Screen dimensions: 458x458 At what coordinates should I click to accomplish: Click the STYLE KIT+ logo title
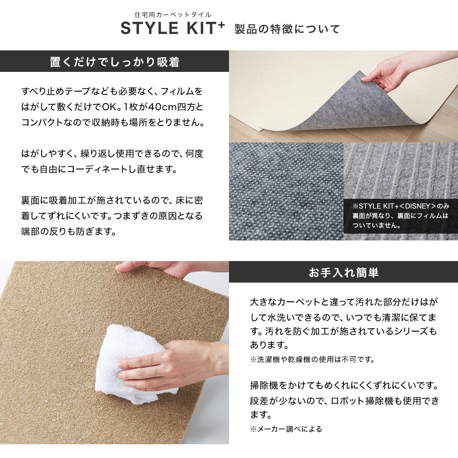[x=173, y=28]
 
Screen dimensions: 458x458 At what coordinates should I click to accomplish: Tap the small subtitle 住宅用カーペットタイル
[x=173, y=14]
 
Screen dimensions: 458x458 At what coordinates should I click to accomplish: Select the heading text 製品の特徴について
[x=287, y=29]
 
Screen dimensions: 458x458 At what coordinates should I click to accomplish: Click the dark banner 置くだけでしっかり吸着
[x=114, y=61]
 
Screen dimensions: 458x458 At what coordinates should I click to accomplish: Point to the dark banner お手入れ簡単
[x=343, y=272]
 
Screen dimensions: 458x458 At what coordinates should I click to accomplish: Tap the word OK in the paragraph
[x=109, y=107]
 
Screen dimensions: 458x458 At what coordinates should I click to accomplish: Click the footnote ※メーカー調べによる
[x=286, y=429]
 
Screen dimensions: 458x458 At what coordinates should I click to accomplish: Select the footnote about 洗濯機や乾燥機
[x=312, y=359]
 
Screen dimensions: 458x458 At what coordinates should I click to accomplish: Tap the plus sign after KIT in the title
[x=221, y=25]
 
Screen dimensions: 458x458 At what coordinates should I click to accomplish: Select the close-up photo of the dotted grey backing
[x=286, y=191]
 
